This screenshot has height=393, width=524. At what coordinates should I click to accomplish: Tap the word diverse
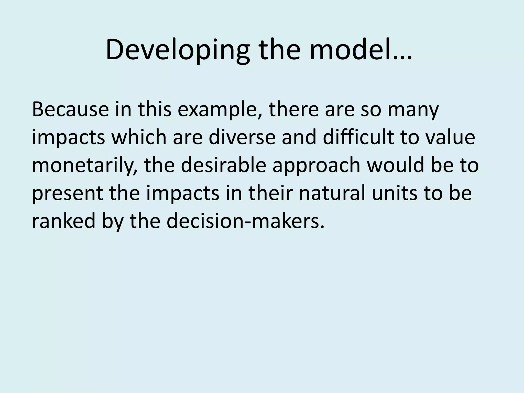(x=242, y=137)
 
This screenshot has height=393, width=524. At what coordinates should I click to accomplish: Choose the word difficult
(x=358, y=137)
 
